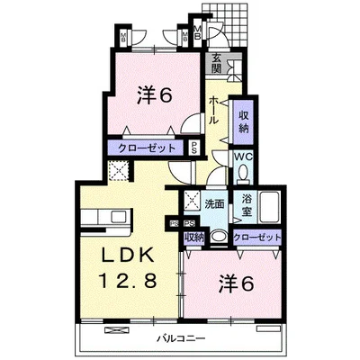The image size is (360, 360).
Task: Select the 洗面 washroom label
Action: [213, 203]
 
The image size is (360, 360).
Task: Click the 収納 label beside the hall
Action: [244, 121]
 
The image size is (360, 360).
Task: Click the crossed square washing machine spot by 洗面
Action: [191, 202]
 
